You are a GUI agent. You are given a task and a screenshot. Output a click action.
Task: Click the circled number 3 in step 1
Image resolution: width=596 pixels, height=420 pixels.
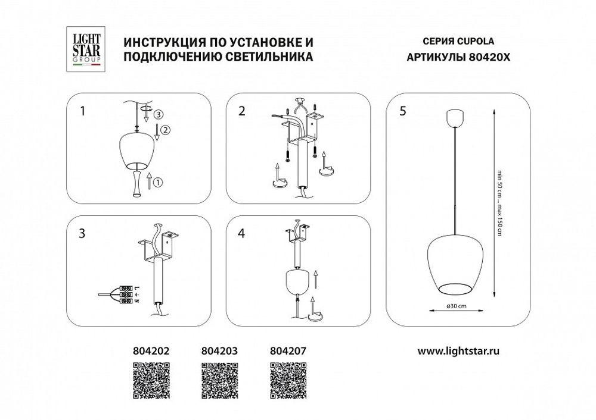[157, 114]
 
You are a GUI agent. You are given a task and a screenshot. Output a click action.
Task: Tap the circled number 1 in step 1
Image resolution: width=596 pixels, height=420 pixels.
[157, 184]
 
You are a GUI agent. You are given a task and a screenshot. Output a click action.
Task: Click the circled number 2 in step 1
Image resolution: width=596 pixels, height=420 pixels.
[166, 130]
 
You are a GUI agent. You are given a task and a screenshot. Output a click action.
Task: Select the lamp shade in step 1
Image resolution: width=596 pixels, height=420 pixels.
[137, 152]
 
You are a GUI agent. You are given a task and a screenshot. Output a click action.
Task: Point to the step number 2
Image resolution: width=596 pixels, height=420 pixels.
[241, 110]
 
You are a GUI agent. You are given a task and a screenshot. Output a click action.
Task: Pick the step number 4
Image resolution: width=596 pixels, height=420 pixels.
[241, 233]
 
